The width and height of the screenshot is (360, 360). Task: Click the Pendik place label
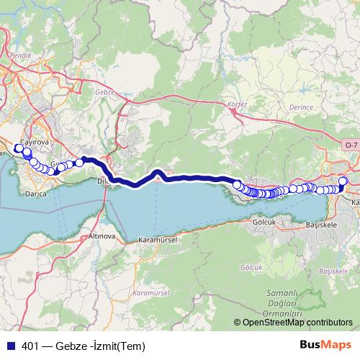19,55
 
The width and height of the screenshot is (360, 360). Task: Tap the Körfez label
237,104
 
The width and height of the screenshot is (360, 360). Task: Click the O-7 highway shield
351,145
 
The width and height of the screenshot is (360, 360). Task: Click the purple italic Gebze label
105,92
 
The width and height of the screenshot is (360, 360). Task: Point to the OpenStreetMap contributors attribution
294,323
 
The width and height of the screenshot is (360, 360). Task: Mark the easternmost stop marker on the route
343,181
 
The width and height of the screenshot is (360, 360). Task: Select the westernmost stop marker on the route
18,148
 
